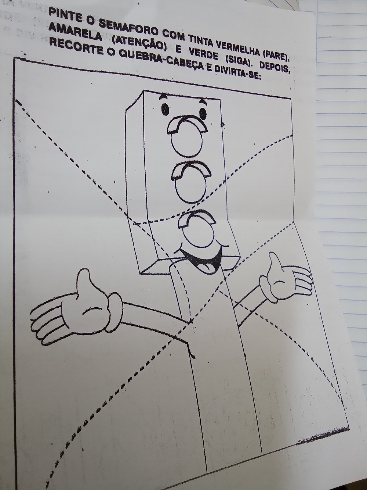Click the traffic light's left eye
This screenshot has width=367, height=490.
point(165,109)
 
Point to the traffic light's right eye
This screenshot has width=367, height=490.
point(203,113)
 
